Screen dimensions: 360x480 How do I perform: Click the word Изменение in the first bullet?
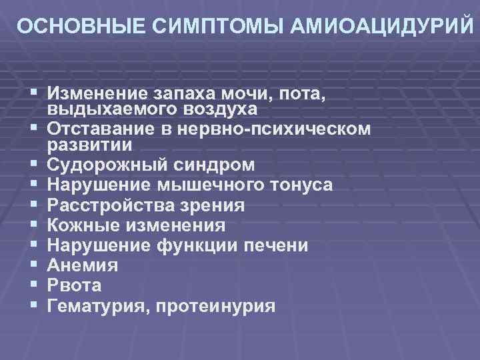pyautogui.click(x=99, y=92)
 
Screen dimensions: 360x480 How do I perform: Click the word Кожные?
pyautogui.click(x=83, y=225)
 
